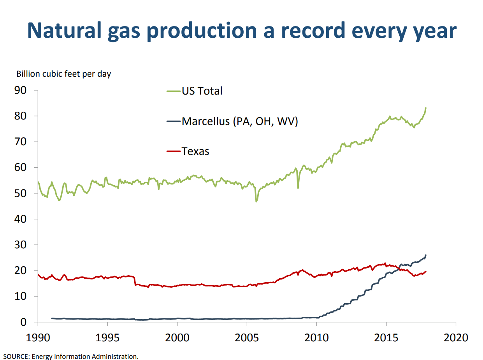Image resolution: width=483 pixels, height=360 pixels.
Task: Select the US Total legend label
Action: coord(202,91)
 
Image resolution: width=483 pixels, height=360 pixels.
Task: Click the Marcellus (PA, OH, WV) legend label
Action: coord(240,121)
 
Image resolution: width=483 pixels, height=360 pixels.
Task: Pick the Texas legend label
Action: coord(195,151)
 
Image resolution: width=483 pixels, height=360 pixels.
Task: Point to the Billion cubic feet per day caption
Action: coord(63,74)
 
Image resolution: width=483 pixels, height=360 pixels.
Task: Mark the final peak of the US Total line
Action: coord(426,108)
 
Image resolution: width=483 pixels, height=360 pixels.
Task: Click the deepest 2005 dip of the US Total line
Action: coord(256,201)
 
